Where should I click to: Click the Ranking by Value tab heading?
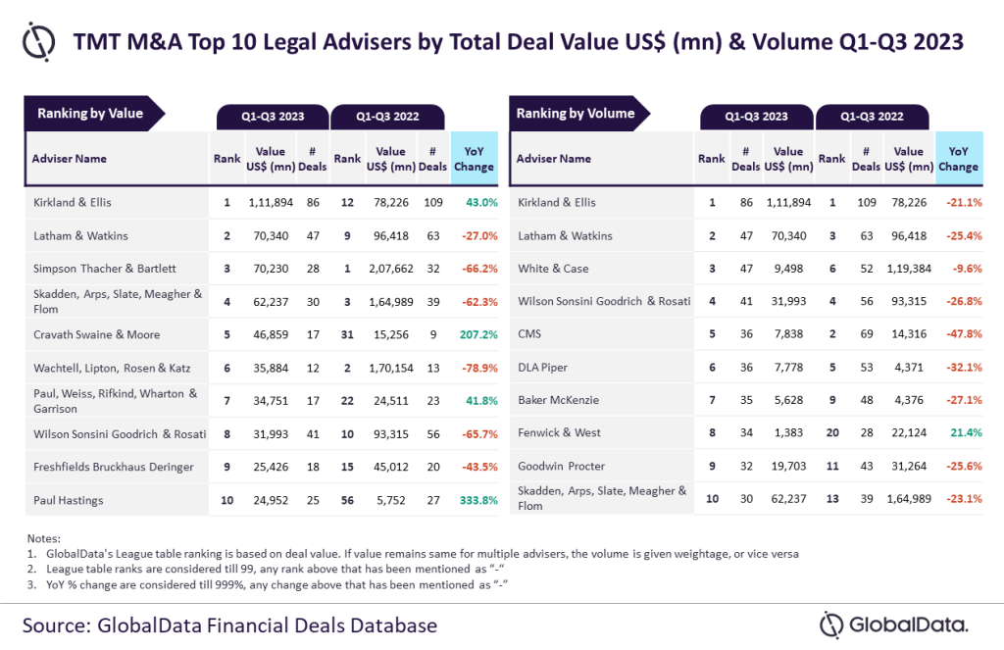click(x=90, y=114)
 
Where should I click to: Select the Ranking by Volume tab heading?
click(x=576, y=114)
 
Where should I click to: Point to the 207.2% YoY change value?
click(x=476, y=334)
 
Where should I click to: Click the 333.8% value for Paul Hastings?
click(x=476, y=500)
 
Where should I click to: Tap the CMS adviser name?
click(x=530, y=334)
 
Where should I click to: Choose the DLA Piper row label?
click(x=543, y=368)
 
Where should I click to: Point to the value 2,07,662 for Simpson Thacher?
click(x=390, y=269)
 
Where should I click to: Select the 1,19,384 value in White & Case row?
click(x=909, y=269)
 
